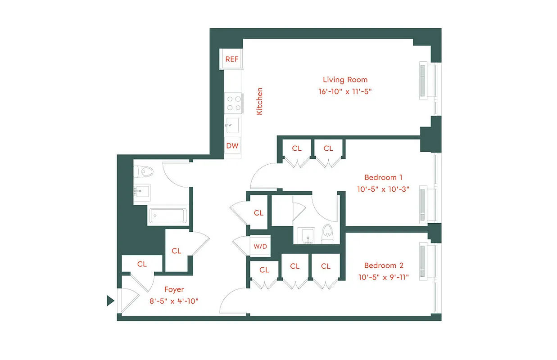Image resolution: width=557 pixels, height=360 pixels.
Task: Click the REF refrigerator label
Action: pos(232,59)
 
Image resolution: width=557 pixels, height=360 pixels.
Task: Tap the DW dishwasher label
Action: pos(232,146)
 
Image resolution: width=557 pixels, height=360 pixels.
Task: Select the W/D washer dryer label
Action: pos(260,246)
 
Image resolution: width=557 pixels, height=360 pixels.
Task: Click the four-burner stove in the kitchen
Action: pos(233,103)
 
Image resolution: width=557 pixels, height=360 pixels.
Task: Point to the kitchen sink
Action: pos(232,125)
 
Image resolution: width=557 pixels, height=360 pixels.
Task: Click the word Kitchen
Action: pos(259,101)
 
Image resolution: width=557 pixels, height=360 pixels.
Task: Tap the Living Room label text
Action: pos(345,80)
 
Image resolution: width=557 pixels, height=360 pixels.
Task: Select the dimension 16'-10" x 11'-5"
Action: pos(345,91)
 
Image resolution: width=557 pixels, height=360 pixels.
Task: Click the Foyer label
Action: pos(174,289)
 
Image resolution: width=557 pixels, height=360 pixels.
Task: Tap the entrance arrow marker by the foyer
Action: pos(110,301)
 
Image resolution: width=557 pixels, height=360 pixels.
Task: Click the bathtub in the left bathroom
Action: pos(167,216)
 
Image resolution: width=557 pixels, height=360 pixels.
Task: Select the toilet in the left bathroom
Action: pos(145,171)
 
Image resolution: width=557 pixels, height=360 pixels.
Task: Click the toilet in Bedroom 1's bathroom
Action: pos(328,233)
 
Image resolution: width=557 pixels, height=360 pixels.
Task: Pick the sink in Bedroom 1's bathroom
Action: pos(308,235)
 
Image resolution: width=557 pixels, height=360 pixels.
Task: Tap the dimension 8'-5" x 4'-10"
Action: pos(174,301)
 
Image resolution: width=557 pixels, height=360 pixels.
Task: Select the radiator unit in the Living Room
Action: pos(422,81)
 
